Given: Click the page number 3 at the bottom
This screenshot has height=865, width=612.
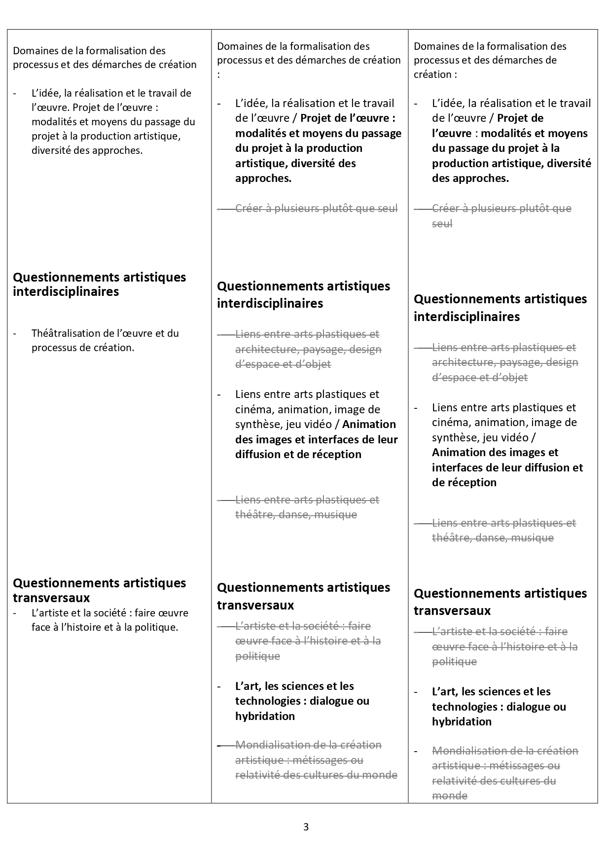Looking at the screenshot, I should point(306,827).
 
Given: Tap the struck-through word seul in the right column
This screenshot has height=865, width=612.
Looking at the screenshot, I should point(442,223).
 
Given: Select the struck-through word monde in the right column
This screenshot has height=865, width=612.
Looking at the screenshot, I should point(449,795).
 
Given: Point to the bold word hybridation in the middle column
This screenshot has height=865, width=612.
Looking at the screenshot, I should point(265,716).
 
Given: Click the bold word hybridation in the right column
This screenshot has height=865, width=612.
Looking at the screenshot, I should point(462,721).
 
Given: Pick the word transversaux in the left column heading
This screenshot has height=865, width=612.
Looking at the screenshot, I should point(51,598).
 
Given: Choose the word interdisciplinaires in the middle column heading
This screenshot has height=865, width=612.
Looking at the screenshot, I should point(270,303).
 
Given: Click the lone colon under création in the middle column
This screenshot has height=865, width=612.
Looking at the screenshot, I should point(218,74).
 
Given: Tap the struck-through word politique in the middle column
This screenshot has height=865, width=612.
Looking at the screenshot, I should point(257,656).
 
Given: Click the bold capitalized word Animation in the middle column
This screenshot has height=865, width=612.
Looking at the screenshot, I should point(369,424).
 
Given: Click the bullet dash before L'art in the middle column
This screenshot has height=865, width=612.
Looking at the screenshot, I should point(220,686).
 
